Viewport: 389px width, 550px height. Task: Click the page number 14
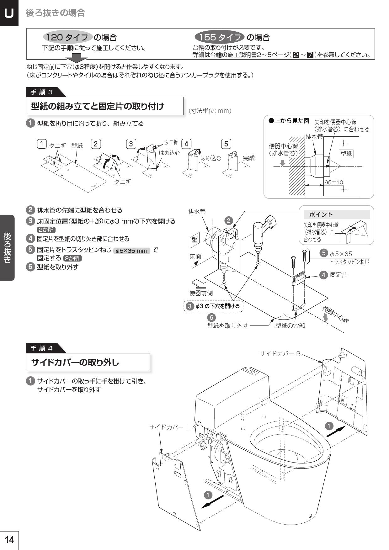click(9, 540)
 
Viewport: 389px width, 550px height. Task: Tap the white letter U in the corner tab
click(9, 13)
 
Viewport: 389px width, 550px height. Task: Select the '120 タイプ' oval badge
click(67, 37)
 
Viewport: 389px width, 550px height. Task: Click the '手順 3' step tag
click(42, 92)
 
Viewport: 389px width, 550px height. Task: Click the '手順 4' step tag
click(42, 348)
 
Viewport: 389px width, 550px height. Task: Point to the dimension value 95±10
click(334, 182)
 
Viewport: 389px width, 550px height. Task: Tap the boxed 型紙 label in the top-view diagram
click(346, 154)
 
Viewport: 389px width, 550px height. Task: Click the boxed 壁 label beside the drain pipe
click(194, 240)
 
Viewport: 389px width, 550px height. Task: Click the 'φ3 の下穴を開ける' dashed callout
click(214, 306)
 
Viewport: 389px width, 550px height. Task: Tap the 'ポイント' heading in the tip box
click(321, 214)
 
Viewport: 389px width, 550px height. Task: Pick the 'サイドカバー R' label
click(280, 354)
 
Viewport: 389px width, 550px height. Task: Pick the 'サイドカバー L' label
click(169, 427)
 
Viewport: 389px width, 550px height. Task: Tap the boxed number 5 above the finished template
click(226, 144)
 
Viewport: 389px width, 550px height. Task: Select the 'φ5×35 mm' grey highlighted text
click(131, 251)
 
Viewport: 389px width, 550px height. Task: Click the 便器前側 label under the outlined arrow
click(201, 293)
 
